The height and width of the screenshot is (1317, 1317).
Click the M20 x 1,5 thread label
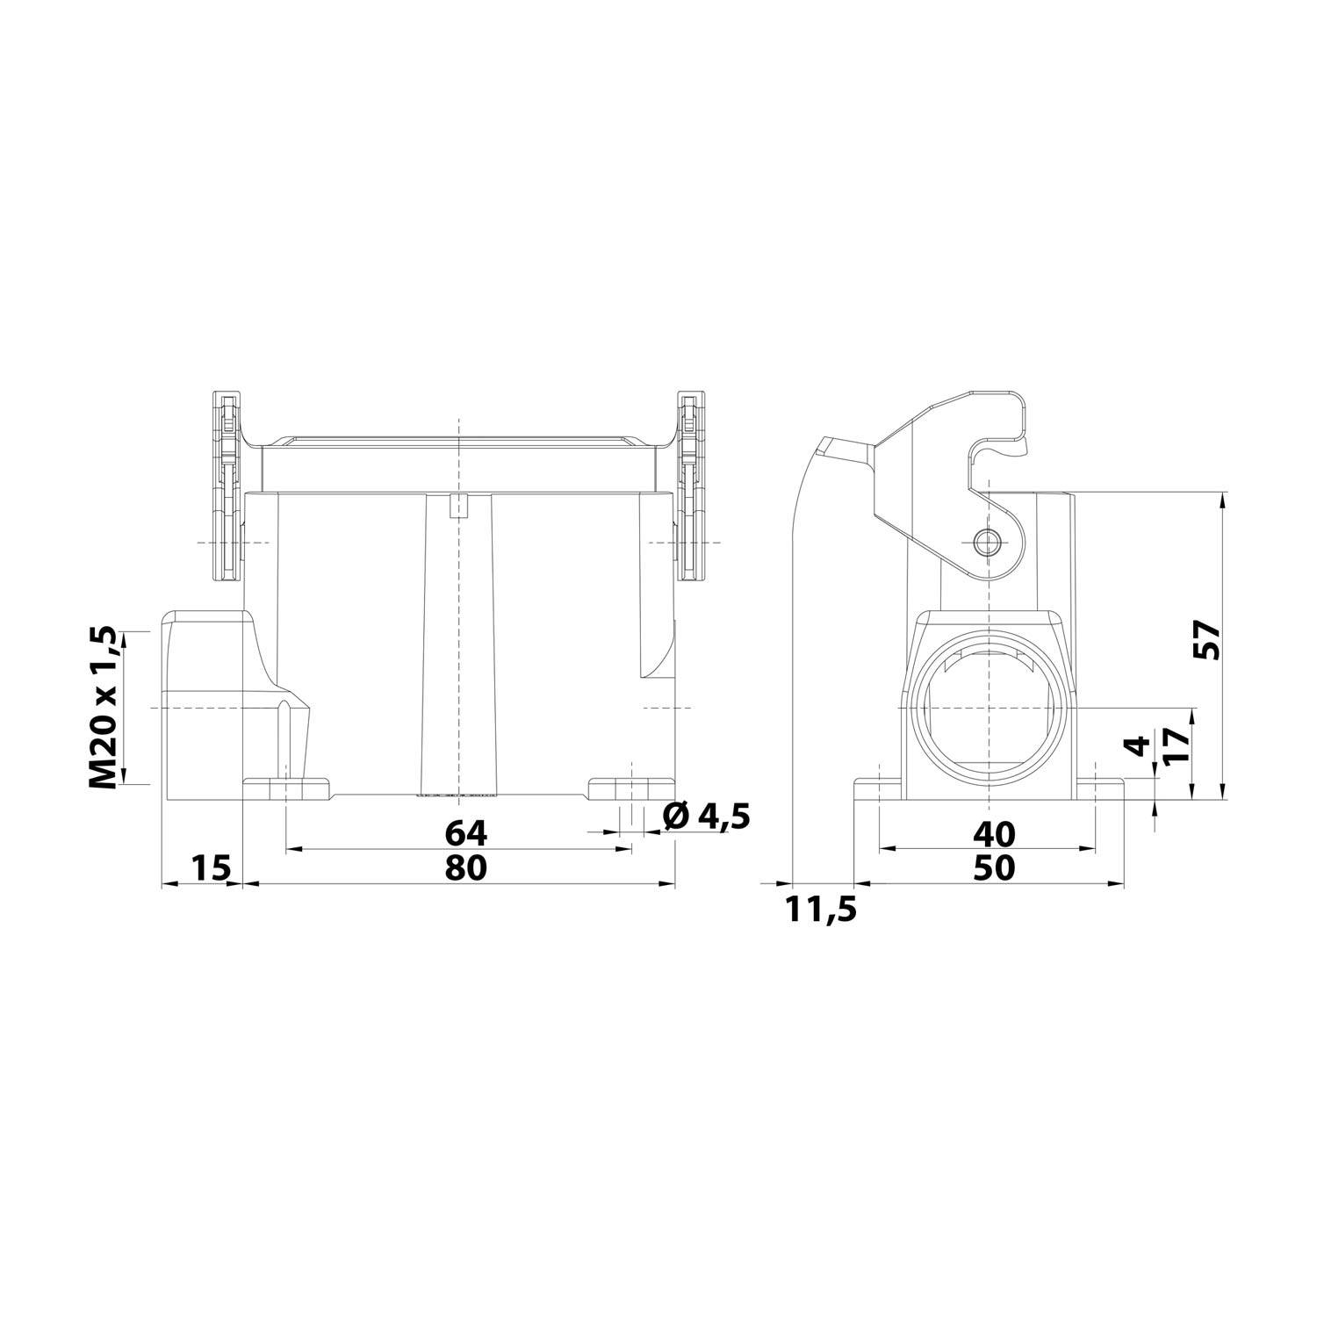click(x=104, y=708)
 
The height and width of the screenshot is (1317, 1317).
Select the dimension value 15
click(x=210, y=867)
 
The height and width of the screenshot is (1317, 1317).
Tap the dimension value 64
click(x=464, y=831)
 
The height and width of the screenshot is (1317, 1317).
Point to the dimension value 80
click(x=464, y=867)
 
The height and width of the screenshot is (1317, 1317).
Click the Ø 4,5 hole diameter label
click(x=707, y=817)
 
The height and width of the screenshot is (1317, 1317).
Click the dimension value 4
click(x=1139, y=746)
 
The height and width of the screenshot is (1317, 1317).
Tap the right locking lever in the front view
click(x=692, y=487)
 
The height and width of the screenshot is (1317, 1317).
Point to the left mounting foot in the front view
click(x=285, y=788)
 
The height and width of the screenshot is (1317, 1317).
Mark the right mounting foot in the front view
click(x=630, y=788)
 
